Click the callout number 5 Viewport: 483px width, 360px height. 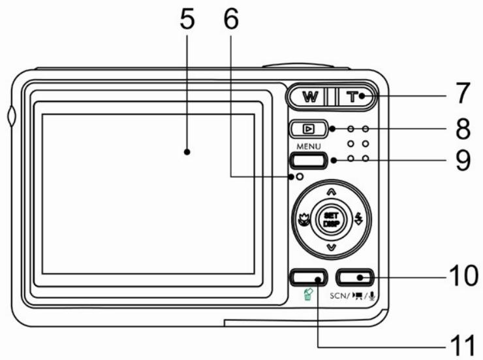click(188, 21)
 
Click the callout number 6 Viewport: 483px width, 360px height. click(231, 21)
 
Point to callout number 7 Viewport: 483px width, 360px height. click(462, 94)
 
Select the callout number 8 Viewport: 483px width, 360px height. click(462, 128)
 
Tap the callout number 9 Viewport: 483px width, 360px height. click(462, 161)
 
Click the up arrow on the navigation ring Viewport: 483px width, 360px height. click(330, 191)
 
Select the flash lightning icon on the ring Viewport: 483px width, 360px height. click(358, 220)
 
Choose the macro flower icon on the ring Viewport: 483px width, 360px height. click(302, 220)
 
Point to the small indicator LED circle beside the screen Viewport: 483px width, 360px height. click(299, 176)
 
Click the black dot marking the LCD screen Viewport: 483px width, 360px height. click(187, 152)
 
